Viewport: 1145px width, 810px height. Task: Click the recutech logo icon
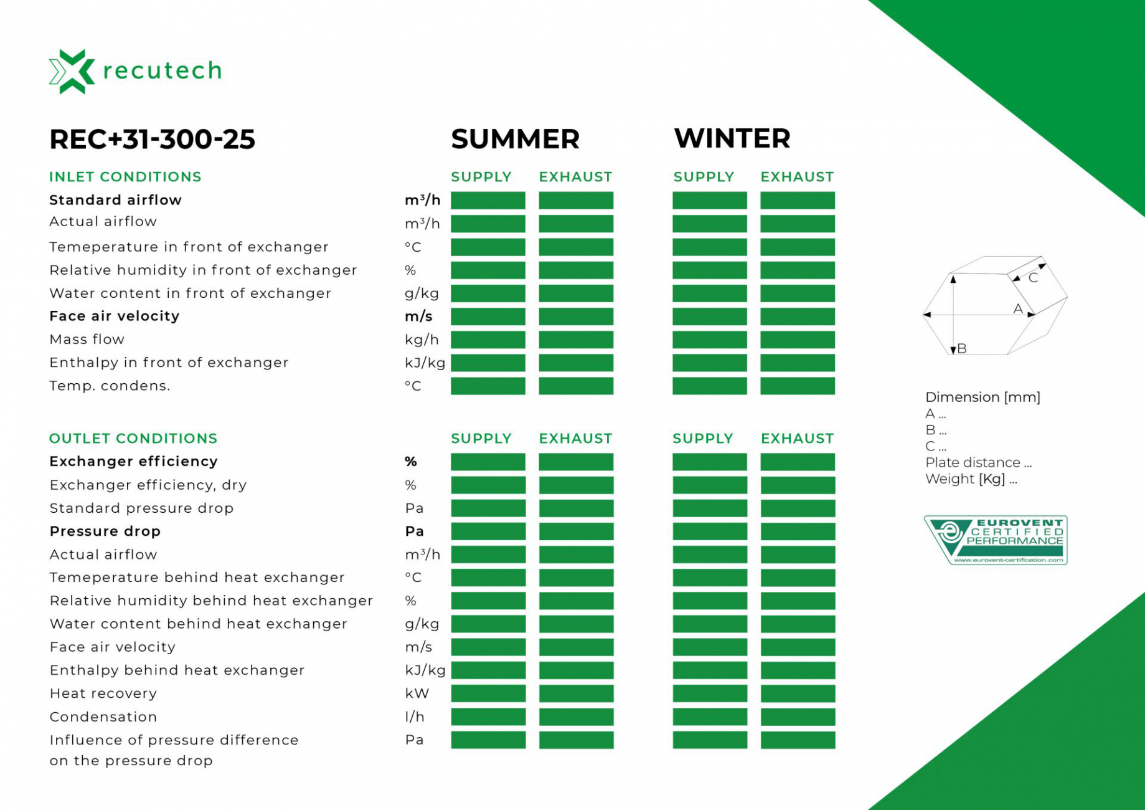click(x=72, y=71)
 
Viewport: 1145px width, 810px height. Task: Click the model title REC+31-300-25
click(x=153, y=139)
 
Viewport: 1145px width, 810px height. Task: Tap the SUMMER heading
click(x=515, y=139)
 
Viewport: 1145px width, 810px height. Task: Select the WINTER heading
click(x=732, y=138)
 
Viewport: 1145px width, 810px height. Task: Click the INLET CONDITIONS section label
click(x=125, y=177)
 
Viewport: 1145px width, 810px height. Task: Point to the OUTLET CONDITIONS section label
click(x=133, y=439)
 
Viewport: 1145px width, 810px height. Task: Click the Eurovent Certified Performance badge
click(x=996, y=540)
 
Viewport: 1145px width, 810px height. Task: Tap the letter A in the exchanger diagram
click(x=1018, y=308)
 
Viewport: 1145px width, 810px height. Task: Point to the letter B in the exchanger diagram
click(x=962, y=348)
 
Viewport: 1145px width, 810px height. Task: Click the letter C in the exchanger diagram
click(x=1033, y=278)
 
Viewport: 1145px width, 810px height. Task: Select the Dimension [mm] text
click(x=982, y=397)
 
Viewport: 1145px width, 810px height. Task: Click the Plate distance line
click(x=978, y=462)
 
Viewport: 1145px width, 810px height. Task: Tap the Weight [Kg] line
click(x=971, y=479)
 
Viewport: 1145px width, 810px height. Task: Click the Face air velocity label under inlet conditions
click(x=115, y=316)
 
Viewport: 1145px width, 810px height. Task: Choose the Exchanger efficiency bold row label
click(x=134, y=461)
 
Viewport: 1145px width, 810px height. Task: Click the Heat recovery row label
click(x=103, y=693)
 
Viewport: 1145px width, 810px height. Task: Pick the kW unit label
click(x=417, y=693)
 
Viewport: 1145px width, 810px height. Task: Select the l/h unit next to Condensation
click(x=415, y=717)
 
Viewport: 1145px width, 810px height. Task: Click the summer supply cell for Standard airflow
click(x=488, y=201)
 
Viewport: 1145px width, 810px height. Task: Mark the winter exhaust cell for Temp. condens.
click(x=798, y=386)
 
